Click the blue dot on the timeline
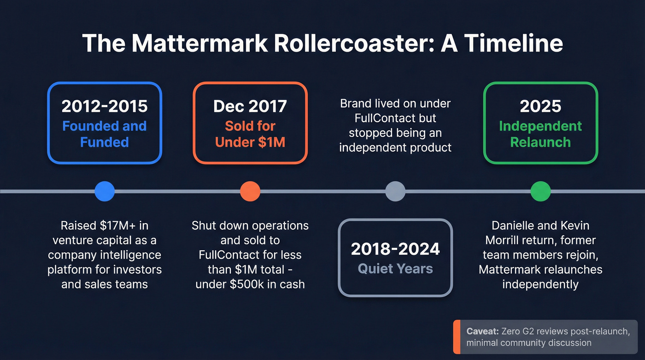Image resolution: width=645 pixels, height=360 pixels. pyautogui.click(x=105, y=191)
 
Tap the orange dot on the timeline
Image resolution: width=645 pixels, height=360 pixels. pyautogui.click(x=250, y=191)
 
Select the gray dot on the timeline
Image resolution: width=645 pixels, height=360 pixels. pyautogui.click(x=395, y=191)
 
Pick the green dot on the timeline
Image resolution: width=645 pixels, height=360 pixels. pyautogui.click(x=540, y=191)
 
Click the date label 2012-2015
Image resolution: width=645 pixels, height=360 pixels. pyautogui.click(x=105, y=106)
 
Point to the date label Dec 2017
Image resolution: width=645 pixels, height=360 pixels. pyautogui.click(x=250, y=106)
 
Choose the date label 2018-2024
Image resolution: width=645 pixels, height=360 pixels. pyautogui.click(x=395, y=249)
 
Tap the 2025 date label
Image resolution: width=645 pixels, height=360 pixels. pyautogui.click(x=540, y=106)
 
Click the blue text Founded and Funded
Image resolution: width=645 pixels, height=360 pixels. pyautogui.click(x=105, y=134)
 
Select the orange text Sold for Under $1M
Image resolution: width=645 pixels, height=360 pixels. pyautogui.click(x=250, y=134)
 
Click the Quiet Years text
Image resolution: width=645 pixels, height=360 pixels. pyautogui.click(x=395, y=269)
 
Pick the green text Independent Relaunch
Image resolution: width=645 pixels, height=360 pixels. pyautogui.click(x=540, y=134)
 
